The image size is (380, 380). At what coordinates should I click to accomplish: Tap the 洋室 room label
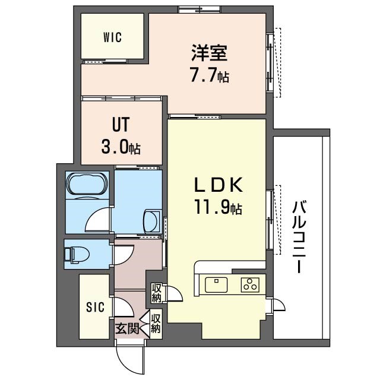pyautogui.click(x=208, y=54)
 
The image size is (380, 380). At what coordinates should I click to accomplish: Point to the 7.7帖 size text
pyautogui.click(x=209, y=76)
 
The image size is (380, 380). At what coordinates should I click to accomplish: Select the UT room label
pyautogui.click(x=121, y=125)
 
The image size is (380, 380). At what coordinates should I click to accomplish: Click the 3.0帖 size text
pyautogui.click(x=121, y=147)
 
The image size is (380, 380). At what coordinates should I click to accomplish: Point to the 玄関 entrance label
pyautogui.click(x=126, y=328)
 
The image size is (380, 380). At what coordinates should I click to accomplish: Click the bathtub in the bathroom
pyautogui.click(x=87, y=185)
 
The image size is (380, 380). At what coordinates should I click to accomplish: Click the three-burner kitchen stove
pyautogui.click(x=249, y=284)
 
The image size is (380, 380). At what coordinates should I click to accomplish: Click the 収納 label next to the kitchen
pyautogui.click(x=157, y=293)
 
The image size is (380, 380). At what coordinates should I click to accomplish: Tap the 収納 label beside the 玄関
pyautogui.click(x=156, y=324)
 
